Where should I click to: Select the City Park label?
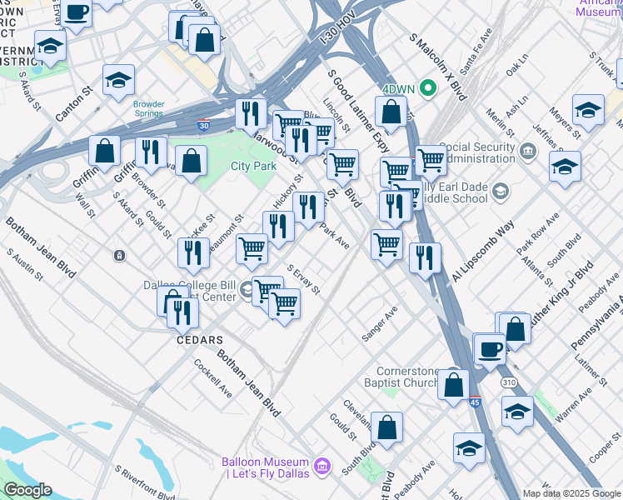pyautogui.click(x=253, y=166)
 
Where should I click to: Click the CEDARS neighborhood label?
pyautogui.click(x=199, y=340)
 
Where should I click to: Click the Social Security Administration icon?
pyautogui.click(x=527, y=152)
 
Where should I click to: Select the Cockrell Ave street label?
pyautogui.click(x=212, y=379)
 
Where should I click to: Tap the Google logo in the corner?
pyautogui.click(x=27, y=490)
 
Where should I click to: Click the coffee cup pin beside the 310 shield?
pyautogui.click(x=491, y=348)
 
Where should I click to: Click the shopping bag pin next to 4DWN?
pyautogui.click(x=391, y=111)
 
